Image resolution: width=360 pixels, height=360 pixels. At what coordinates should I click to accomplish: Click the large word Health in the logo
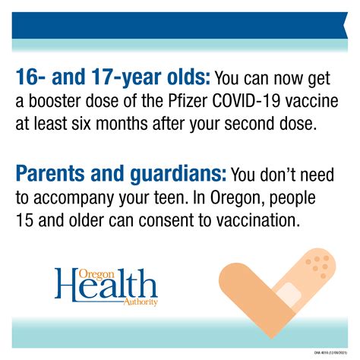106,288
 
